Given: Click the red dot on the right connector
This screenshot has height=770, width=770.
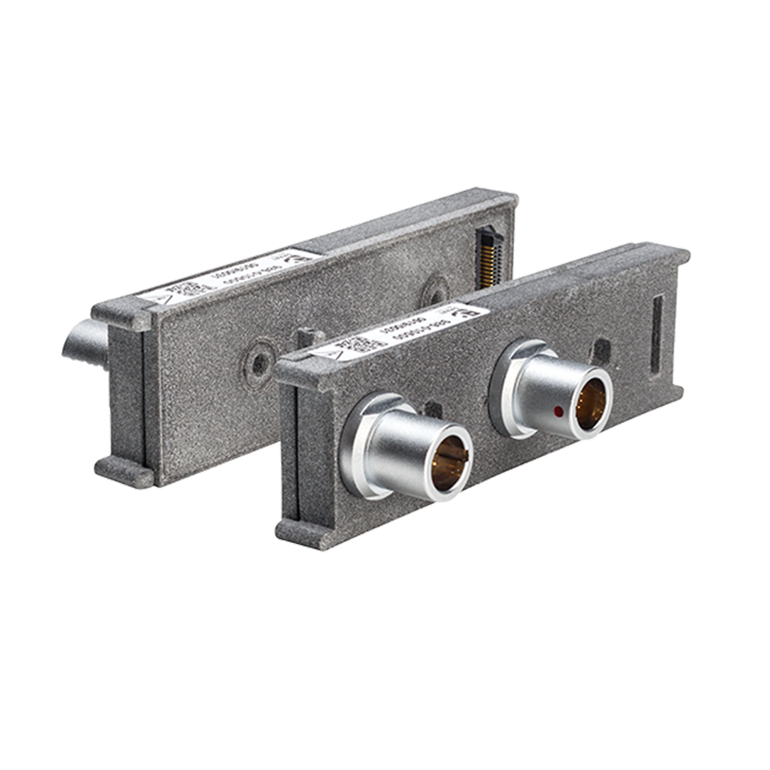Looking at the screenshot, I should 558,410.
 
